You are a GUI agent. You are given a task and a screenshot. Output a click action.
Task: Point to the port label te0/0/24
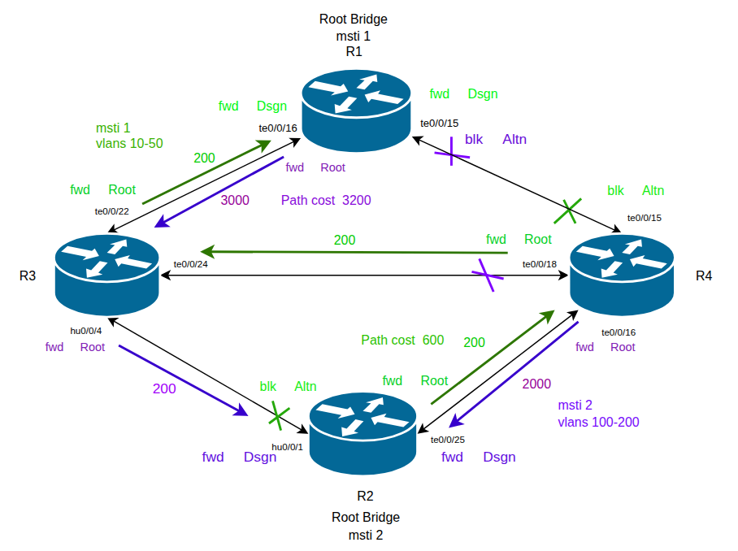(x=190, y=264)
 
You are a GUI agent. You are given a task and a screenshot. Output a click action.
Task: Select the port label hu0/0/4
(x=86, y=331)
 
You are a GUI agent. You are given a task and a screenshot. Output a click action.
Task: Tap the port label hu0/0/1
(x=287, y=446)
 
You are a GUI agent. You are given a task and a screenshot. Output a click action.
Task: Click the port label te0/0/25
(x=448, y=440)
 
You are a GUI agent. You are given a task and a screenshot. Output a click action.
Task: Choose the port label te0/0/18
(x=539, y=264)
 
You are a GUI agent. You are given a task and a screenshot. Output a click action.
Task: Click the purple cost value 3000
(x=235, y=200)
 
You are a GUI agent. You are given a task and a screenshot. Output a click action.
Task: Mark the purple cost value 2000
(x=536, y=384)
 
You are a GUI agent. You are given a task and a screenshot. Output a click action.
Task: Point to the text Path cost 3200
(x=326, y=200)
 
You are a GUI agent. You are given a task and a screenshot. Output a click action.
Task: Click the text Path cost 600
(x=402, y=340)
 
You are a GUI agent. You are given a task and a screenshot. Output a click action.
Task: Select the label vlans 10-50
(x=129, y=144)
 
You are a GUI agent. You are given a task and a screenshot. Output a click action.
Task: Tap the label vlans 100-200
(x=598, y=422)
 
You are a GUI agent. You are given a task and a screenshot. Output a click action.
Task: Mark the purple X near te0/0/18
(x=489, y=275)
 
